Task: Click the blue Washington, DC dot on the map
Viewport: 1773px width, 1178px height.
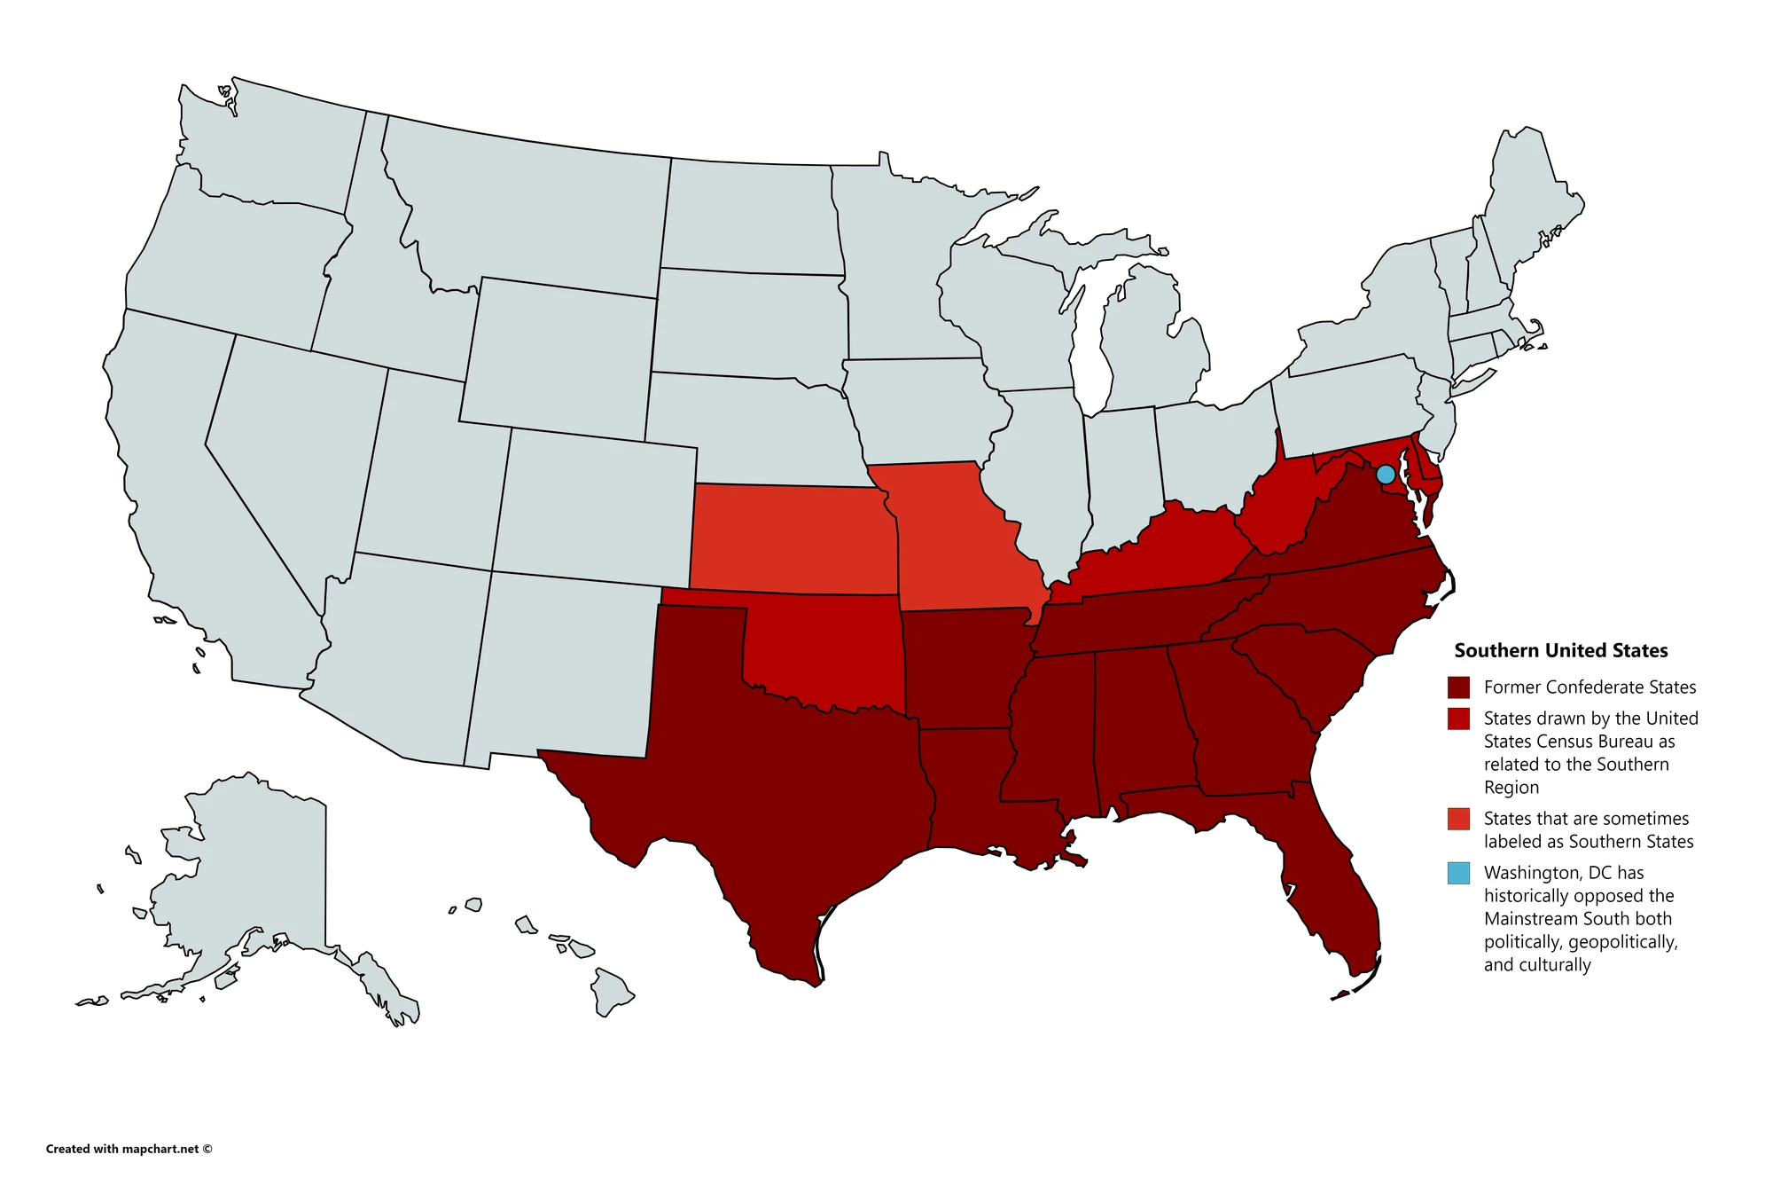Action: [x=1386, y=475]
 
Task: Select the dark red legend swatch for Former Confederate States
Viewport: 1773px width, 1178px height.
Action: [x=1458, y=687]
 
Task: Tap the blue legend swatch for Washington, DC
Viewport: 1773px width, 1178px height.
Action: [x=1458, y=873]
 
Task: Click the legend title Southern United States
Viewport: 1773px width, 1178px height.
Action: [x=1560, y=650]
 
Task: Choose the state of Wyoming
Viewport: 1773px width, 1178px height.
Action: [x=558, y=355]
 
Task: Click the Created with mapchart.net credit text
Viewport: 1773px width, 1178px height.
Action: [x=129, y=1149]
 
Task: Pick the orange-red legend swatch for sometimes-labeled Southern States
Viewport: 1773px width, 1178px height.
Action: [x=1458, y=819]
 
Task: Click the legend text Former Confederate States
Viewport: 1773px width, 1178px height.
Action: [x=1589, y=687]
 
